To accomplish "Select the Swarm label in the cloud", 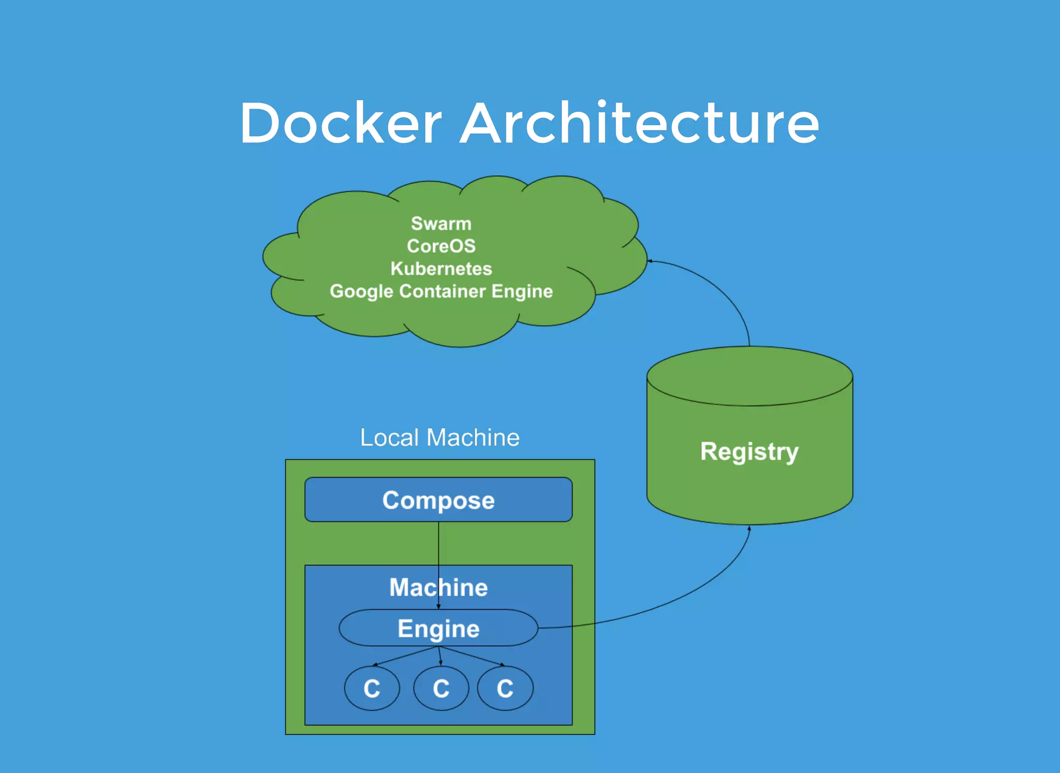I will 441,224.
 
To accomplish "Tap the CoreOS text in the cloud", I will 441,246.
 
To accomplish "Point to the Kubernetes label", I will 441,269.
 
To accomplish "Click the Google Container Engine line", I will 441,291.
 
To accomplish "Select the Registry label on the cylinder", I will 749,452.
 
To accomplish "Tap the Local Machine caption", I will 439,438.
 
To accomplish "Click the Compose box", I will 438,500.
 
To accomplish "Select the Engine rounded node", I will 438,629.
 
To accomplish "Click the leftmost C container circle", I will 372,689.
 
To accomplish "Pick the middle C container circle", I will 441,689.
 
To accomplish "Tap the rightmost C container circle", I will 505,689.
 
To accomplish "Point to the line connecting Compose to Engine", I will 438,543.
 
